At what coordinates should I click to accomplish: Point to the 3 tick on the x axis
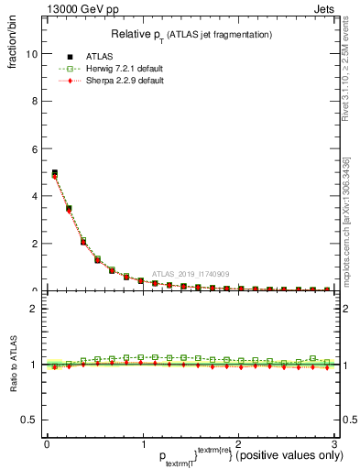(x=334, y=443)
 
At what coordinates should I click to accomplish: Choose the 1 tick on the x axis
(x=143, y=443)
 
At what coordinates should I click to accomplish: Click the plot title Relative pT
(x=191, y=34)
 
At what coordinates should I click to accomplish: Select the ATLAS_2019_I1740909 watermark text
(x=191, y=273)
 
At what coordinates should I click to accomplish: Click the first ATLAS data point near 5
(x=55, y=172)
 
